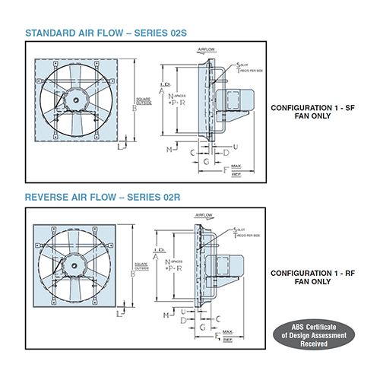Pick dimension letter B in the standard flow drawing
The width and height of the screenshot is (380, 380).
[135, 108]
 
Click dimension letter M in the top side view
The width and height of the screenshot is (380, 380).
[169, 150]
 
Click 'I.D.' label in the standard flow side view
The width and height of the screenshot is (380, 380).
[163, 81]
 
